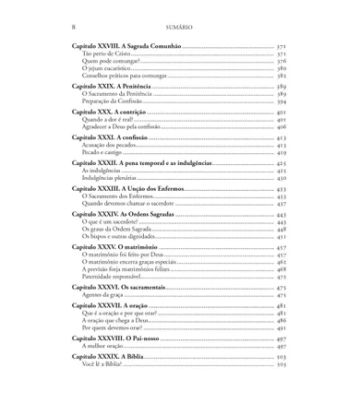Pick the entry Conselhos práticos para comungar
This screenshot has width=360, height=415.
click(121, 76)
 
